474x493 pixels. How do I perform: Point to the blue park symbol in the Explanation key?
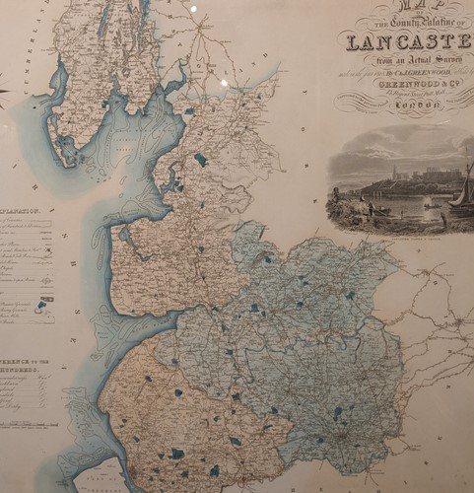pos(41,307)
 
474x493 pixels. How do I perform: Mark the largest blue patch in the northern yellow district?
pos(201,159)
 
